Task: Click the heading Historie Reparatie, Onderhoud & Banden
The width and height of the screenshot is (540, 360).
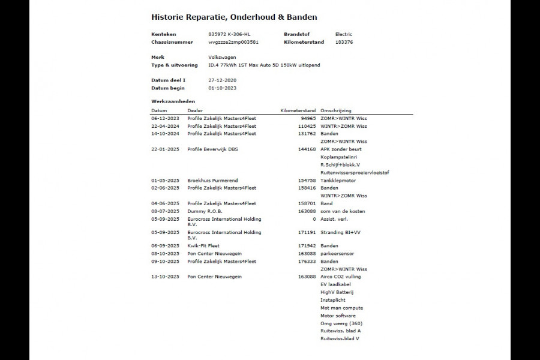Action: coord(234,17)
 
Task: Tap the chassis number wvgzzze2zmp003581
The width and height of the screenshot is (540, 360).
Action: coord(233,43)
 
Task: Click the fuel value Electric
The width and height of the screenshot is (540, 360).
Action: coord(344,35)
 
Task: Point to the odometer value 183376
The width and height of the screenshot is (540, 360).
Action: coord(344,43)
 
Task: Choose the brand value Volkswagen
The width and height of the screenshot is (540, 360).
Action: coord(223,58)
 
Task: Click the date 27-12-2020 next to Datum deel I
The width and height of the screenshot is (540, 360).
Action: coord(223,80)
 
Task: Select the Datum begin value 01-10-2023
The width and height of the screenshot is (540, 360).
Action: coord(223,88)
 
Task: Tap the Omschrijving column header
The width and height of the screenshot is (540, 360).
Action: coord(336,111)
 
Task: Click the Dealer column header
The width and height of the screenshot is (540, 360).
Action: coord(195,111)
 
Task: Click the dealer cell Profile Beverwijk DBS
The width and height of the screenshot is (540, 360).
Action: coord(212,149)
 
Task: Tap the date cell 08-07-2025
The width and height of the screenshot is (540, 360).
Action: coord(165,211)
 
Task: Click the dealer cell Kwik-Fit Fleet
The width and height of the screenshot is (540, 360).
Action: coord(203,246)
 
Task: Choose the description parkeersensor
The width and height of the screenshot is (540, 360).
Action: coord(337,254)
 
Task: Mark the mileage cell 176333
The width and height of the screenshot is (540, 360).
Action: coord(307,262)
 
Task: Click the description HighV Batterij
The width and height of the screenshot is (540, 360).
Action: coord(337,292)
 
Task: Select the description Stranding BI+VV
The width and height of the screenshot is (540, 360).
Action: coord(340,232)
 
